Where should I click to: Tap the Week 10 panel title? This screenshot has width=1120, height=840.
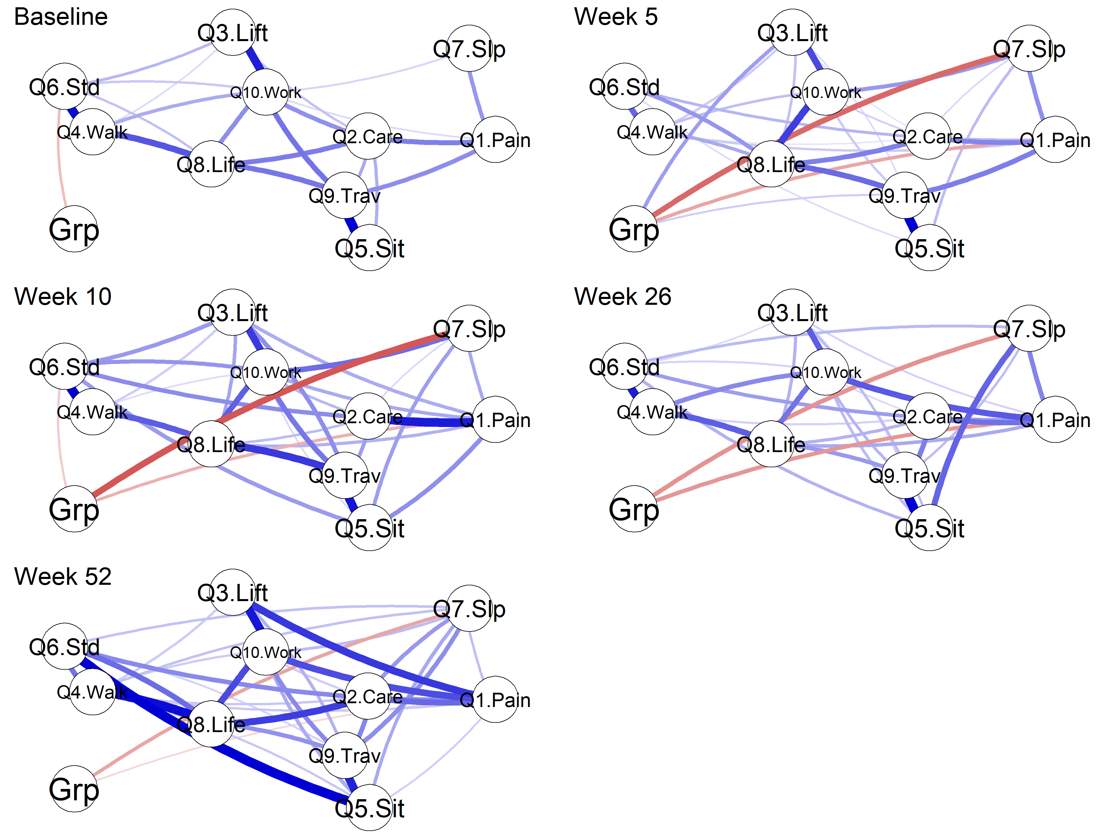[63, 297]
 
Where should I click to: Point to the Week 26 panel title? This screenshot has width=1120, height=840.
[623, 297]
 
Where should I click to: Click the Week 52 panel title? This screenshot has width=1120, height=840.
[63, 577]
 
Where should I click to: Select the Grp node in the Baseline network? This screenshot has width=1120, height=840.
[74, 229]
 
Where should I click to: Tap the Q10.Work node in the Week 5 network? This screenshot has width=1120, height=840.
[826, 92]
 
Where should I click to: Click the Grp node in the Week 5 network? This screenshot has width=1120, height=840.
[634, 229]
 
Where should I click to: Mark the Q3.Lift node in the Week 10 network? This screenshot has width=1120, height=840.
[233, 312]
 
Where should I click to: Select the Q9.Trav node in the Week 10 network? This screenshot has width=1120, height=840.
[345, 475]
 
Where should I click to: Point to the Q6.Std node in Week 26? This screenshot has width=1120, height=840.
[624, 367]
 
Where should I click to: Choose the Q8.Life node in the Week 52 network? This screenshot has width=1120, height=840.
[211, 724]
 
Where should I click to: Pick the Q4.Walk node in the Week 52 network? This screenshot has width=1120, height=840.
[93, 692]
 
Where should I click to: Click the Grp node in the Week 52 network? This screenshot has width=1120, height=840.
[74, 789]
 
